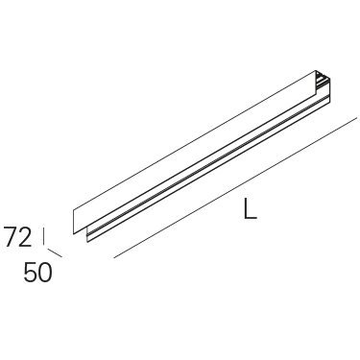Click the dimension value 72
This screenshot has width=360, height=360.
coord(18,237)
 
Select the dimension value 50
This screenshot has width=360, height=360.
coord(37,273)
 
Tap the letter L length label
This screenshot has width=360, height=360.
coord(250,208)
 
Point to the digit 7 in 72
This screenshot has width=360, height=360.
coord(11,237)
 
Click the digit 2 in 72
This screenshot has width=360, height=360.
coord(26,237)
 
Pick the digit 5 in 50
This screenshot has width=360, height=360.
coord(31,273)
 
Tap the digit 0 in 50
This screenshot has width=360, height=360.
coord(45,273)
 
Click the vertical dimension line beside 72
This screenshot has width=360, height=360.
coord(43,236)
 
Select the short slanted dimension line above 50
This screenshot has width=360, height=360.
coord(55,252)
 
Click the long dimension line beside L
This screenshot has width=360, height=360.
coord(235,188)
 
